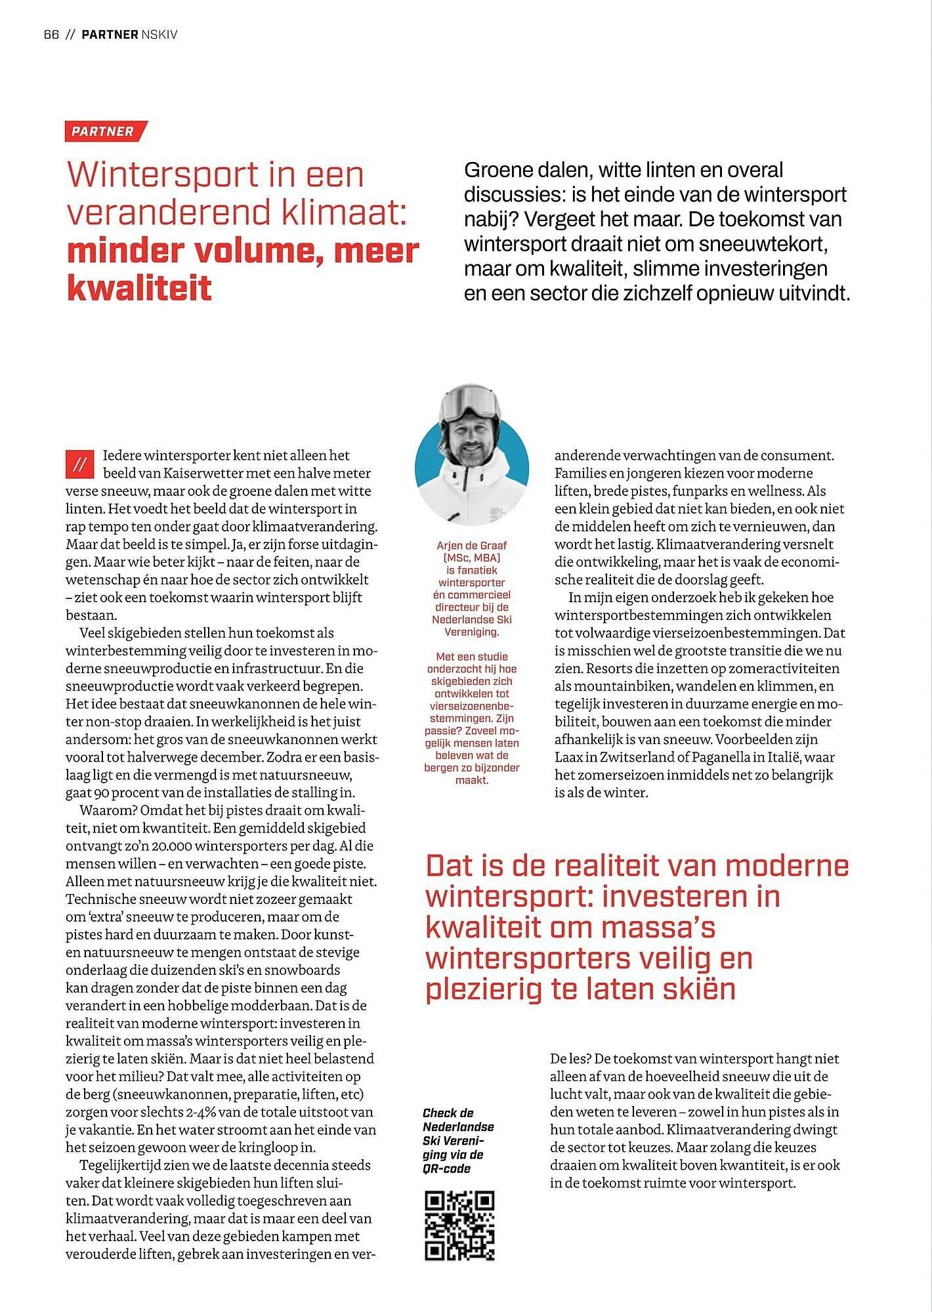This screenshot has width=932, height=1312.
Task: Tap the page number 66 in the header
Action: point(51,35)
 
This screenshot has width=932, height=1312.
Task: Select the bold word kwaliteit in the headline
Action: point(139,287)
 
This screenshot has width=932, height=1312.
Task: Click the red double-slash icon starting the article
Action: point(80,464)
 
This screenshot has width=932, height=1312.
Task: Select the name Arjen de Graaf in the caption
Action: point(471,545)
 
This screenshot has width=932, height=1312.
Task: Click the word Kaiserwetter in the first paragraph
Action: point(200,473)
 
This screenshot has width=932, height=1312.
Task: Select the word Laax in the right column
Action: point(569,757)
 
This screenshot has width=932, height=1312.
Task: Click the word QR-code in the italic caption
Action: point(446,1168)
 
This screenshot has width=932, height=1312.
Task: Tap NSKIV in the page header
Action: point(159,35)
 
